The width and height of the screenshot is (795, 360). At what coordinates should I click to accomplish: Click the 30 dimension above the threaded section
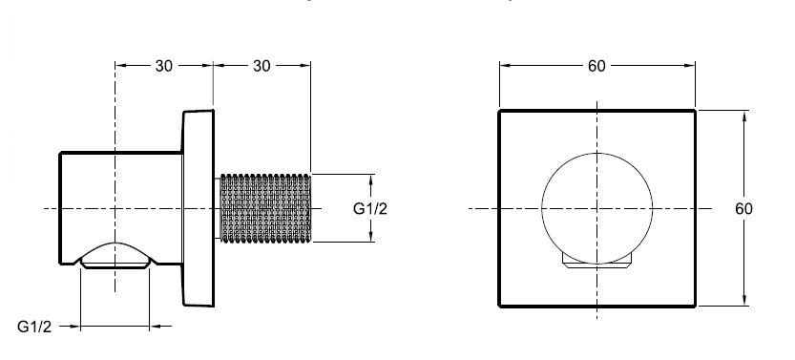tap(262, 65)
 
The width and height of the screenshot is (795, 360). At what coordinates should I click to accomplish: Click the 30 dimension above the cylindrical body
tap(164, 65)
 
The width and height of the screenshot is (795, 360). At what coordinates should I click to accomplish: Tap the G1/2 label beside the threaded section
tap(369, 208)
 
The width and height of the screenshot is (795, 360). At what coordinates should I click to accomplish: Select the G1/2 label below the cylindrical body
tap(34, 327)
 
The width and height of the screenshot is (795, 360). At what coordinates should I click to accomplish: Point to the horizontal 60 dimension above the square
tap(596, 65)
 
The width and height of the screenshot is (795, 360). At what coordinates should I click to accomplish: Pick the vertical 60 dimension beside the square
tap(743, 208)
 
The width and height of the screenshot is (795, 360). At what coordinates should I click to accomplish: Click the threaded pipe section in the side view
tap(265, 208)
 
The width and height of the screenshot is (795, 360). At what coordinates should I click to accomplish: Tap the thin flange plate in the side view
tap(199, 208)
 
